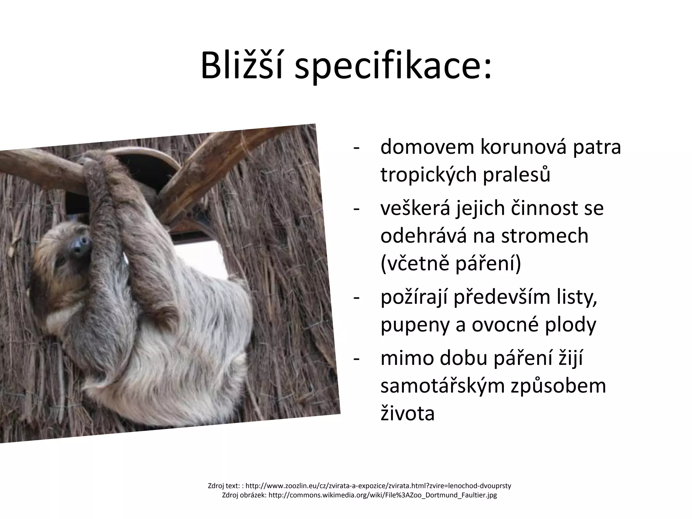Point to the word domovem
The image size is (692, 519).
point(426,147)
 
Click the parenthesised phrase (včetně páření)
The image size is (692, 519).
point(451,264)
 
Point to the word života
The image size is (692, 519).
point(407,414)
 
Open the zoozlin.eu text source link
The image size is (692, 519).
point(378,486)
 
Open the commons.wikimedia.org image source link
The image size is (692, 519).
point(382,495)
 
